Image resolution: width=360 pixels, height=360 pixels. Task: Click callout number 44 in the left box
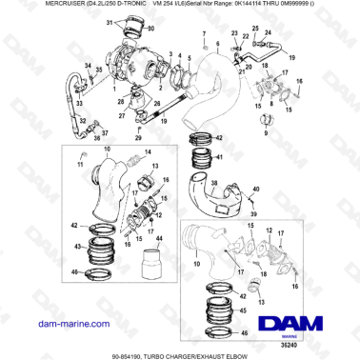pyautogui.click(x=159, y=236)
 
